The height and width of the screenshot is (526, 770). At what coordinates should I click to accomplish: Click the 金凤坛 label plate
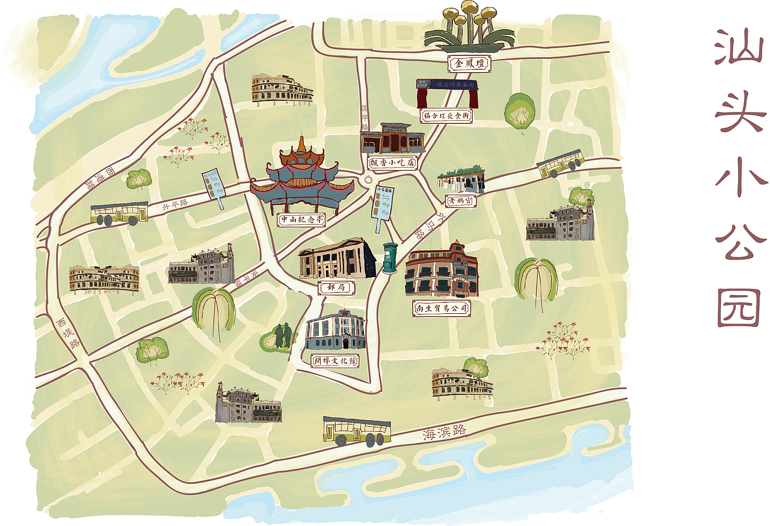469,64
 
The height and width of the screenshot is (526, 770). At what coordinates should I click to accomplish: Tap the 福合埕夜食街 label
446,115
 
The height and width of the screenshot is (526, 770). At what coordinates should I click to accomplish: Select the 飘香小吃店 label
392,162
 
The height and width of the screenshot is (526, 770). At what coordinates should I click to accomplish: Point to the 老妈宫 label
461,201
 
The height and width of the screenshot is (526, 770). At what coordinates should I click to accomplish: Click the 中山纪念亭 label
302,220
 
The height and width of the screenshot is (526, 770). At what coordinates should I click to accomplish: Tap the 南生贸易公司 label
442,308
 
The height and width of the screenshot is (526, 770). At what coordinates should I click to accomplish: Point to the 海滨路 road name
444,431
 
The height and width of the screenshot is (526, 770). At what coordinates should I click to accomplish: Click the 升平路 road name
175,204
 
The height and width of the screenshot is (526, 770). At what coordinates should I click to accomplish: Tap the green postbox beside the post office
389,258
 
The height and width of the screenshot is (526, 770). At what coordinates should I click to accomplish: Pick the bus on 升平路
119,213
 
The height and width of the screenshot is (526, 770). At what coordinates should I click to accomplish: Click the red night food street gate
448,93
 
